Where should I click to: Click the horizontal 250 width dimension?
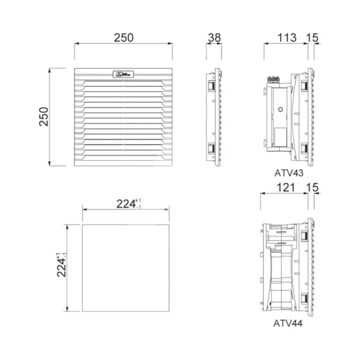pyautogui.click(x=123, y=37)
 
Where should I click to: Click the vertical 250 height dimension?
pyautogui.click(x=44, y=117)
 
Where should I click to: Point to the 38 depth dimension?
pyautogui.click(x=214, y=37)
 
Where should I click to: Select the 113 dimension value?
pyautogui.click(x=287, y=37)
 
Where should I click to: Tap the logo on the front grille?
pyautogui.click(x=123, y=74)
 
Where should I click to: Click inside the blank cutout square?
pyautogui.click(x=126, y=267)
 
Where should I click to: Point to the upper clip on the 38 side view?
pyautogui.click(x=211, y=85)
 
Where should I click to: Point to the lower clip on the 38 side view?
pyautogui.click(x=211, y=149)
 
